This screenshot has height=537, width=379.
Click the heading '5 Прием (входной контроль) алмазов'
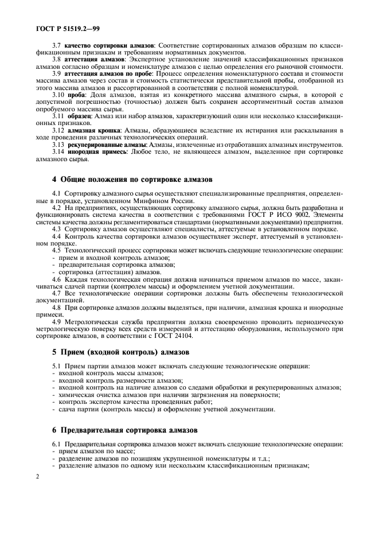(119, 353)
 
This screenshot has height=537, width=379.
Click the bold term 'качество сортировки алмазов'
(109, 45)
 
